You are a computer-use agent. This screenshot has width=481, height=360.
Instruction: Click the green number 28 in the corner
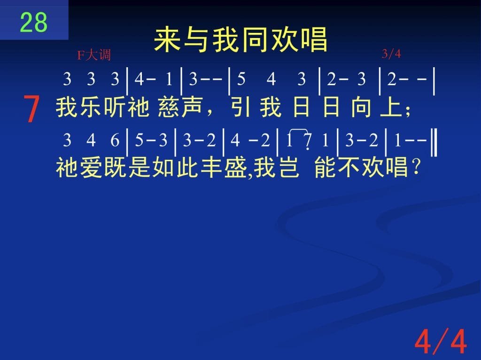pyautogui.click(x=34, y=23)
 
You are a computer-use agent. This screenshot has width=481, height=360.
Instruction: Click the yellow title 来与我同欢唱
pyautogui.click(x=240, y=39)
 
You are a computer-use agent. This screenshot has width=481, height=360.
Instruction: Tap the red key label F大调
pyautogui.click(x=94, y=55)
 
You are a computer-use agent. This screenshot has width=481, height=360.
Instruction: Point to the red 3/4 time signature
pyautogui.click(x=391, y=54)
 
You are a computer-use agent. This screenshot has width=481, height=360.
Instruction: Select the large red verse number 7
pyautogui.click(x=31, y=109)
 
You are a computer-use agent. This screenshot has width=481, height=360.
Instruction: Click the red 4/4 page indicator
pyautogui.click(x=441, y=341)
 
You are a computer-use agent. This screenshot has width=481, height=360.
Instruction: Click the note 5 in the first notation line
pyautogui.click(x=241, y=79)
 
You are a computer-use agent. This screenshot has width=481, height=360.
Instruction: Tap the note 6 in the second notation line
pyautogui.click(x=115, y=140)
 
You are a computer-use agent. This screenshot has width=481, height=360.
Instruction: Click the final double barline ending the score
pyautogui.click(x=434, y=143)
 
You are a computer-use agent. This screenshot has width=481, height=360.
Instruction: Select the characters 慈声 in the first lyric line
pyautogui.click(x=180, y=108)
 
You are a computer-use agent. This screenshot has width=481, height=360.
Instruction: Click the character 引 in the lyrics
pyautogui.click(x=241, y=108)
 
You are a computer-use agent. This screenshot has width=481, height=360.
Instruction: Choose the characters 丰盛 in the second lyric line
pyautogui.click(x=224, y=168)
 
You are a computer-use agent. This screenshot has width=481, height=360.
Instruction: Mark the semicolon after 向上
pyautogui.click(x=408, y=112)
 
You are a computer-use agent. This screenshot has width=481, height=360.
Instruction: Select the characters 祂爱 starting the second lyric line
pyautogui.click(x=79, y=168)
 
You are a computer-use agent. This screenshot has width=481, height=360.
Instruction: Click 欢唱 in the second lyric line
pyautogui.click(x=385, y=168)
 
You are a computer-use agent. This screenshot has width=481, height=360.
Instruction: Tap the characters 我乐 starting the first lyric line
pyautogui.click(x=79, y=108)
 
